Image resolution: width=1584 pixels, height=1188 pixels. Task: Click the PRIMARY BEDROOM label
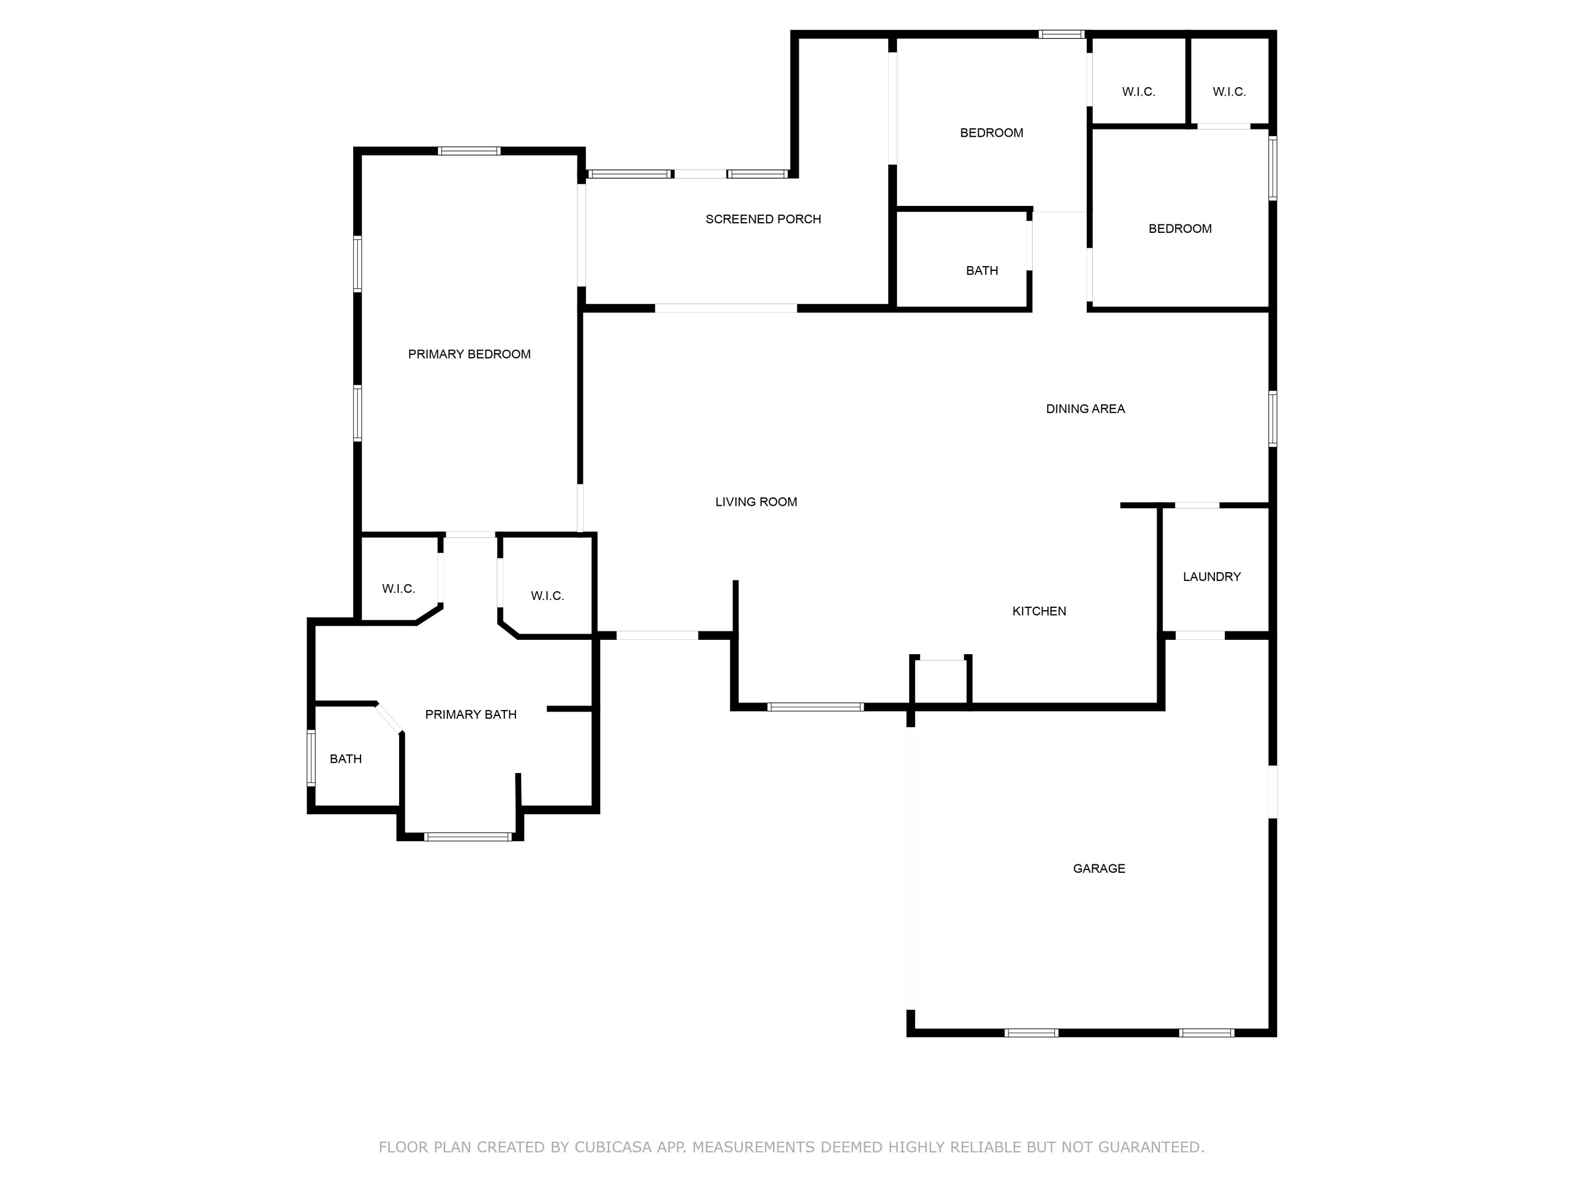[469, 354]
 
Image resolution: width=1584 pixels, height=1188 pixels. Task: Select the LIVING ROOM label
[756, 502]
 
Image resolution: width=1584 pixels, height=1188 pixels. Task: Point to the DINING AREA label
[1085, 409]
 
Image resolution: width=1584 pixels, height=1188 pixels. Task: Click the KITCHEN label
[1039, 611]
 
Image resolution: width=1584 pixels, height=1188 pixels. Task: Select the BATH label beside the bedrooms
[981, 271]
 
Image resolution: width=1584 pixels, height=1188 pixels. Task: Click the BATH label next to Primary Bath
[345, 759]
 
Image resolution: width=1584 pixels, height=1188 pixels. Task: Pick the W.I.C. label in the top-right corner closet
[1229, 92]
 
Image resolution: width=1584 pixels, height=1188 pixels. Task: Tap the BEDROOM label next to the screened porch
[991, 133]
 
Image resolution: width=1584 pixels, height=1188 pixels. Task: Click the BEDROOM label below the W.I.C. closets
[1180, 229]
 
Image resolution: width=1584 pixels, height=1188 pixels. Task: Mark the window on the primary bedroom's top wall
[469, 150]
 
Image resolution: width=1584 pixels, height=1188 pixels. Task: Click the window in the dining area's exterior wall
[1272, 419]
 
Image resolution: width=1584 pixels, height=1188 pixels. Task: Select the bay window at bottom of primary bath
[468, 836]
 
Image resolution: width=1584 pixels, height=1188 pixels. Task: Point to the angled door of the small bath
[389, 718]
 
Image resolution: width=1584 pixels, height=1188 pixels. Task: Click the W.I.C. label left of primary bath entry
[398, 589]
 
